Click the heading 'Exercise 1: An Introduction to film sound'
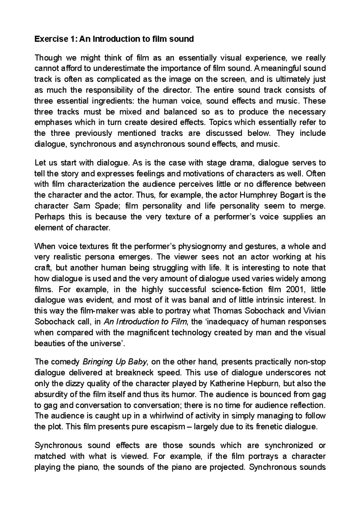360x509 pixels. [114, 39]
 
